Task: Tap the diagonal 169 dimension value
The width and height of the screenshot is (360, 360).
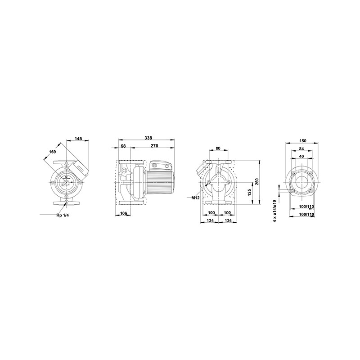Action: pyautogui.click(x=52, y=152)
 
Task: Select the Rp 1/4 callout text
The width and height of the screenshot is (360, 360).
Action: pyautogui.click(x=62, y=215)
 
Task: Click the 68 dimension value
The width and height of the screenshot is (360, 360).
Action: pyautogui.click(x=123, y=146)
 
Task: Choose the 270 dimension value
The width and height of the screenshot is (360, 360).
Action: pyautogui.click(x=154, y=146)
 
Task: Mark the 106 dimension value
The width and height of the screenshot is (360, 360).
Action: pyautogui.click(x=124, y=214)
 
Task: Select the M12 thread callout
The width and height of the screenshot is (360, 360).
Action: pyautogui.click(x=195, y=197)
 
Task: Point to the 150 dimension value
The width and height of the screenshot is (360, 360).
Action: pyautogui.click(x=302, y=141)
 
